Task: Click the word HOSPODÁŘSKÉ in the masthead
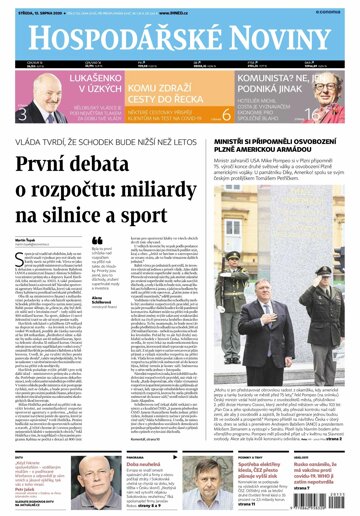[128, 38]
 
